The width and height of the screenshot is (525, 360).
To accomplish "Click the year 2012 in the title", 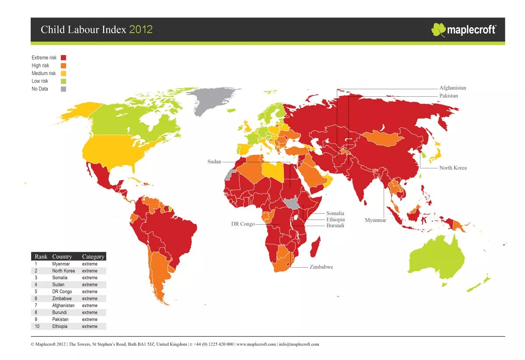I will tap(141, 30).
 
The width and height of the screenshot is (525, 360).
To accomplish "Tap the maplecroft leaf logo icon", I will tap(438, 30).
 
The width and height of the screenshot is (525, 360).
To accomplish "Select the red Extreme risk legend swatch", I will tap(63, 58).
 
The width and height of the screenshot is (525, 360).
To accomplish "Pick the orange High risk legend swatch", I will tap(63, 66).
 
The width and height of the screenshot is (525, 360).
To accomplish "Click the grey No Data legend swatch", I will tap(63, 89).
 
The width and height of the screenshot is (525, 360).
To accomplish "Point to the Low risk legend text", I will tap(40, 81).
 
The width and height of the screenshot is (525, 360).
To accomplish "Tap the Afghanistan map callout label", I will tap(452, 88).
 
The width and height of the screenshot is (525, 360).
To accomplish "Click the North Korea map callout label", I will tap(452, 168).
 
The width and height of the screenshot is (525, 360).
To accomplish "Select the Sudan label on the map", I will tap(214, 162).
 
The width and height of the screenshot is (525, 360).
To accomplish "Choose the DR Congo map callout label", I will tap(243, 224).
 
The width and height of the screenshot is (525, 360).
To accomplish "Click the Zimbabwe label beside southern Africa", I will tap(321, 267).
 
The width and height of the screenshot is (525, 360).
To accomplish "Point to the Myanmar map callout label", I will tap(375, 220).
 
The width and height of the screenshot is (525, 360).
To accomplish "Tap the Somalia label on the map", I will tap(335, 213).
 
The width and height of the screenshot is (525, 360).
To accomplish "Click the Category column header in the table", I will tap(93, 257).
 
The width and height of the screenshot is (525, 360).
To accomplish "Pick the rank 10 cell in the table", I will tap(37, 327).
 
